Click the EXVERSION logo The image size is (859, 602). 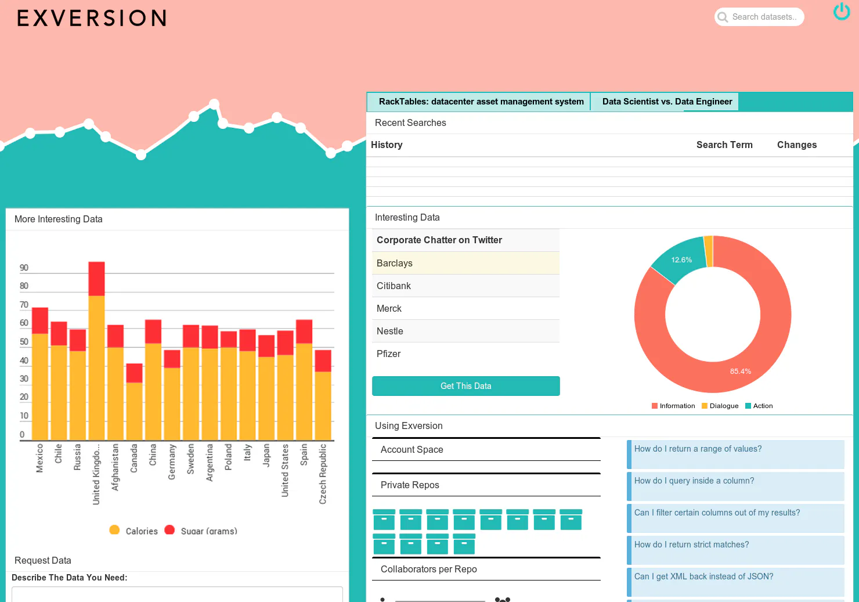92,18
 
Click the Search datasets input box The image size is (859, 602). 759,17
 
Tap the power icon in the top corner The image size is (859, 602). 842,12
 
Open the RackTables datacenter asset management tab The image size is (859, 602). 481,102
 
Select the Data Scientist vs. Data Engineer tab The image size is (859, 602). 667,102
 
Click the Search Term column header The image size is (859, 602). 724,145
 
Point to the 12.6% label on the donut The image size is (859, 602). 681,260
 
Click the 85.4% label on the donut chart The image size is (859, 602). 740,371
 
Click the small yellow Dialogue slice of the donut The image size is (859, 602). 709,251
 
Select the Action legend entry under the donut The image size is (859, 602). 759,406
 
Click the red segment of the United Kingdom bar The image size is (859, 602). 96,279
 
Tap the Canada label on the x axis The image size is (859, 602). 133,458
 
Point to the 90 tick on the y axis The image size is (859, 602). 24,268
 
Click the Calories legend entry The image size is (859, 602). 133,531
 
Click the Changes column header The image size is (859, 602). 796,145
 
